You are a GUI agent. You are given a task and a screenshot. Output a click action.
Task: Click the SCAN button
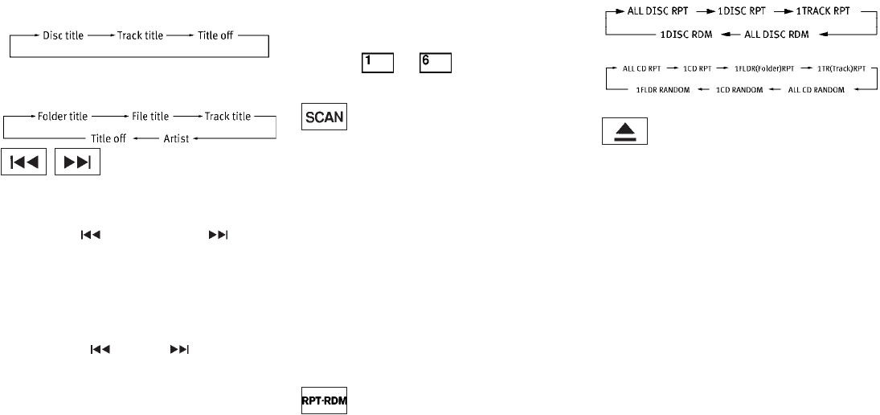(325, 118)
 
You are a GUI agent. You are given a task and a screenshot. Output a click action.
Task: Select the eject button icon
(625, 132)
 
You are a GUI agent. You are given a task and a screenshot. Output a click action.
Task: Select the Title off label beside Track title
(213, 36)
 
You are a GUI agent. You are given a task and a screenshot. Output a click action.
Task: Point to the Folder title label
(63, 117)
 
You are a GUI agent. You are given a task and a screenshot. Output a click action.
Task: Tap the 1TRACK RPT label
(817, 14)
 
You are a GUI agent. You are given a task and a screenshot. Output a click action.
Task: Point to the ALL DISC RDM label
(773, 35)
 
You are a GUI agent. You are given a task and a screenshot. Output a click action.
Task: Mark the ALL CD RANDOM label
(817, 89)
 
